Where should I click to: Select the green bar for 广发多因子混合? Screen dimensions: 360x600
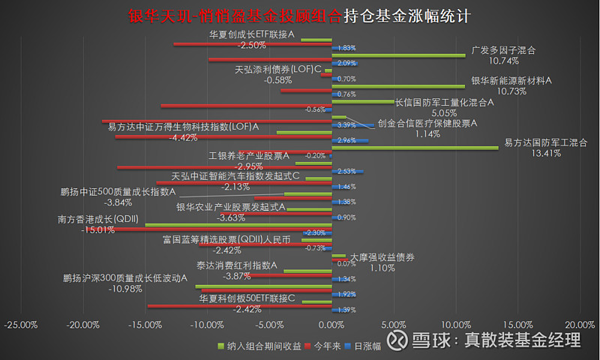point(398,55)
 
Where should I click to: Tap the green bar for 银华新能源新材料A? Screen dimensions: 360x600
point(398,86)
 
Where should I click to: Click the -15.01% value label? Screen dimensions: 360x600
point(97,230)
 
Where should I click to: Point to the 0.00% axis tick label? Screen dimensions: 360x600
point(331,325)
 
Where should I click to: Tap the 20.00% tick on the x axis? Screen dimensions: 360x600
point(578,325)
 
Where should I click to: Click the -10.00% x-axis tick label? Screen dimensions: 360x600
point(207,325)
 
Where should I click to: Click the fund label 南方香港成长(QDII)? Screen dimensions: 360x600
point(95,220)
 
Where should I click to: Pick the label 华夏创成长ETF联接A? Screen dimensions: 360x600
point(251,34)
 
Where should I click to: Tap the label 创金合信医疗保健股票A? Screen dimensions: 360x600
point(427,123)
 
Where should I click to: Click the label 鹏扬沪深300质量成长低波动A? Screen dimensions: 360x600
point(124,278)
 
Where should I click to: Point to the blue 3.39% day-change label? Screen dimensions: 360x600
point(346,124)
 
